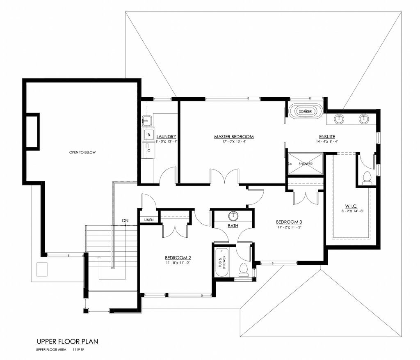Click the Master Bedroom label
234,137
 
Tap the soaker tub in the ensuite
305,111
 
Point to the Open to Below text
82,152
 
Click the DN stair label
125,220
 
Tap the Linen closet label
149,220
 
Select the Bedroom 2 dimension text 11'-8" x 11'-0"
178,263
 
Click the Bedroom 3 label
289,222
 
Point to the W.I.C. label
351,206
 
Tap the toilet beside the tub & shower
243,270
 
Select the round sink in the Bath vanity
233,216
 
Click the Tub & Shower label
222,262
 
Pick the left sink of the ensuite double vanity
339,119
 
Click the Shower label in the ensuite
306,164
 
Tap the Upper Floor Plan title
68,341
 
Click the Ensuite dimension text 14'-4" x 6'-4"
327,142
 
